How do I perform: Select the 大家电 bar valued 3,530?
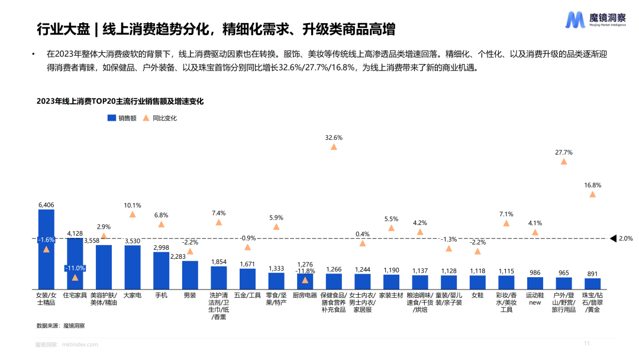coord(133,266)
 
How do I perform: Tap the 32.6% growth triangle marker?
coord(334,147)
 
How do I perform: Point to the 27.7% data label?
coord(563,152)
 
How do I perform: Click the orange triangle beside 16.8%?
coord(592,194)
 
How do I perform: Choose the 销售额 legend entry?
coord(122,118)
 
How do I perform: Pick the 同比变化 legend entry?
coord(160,118)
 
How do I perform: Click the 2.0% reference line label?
coord(625,239)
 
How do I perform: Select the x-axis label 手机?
coord(161,294)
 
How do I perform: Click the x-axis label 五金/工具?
coord(247,294)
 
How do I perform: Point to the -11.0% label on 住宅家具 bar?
coord(75,268)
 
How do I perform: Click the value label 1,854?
coord(219,262)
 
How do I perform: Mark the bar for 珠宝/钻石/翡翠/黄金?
coord(592,282)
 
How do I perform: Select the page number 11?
coord(587,343)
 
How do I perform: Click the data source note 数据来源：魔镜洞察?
coord(60,325)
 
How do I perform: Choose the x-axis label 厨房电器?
coord(305,294)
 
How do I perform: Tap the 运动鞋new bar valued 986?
coord(535,282)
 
